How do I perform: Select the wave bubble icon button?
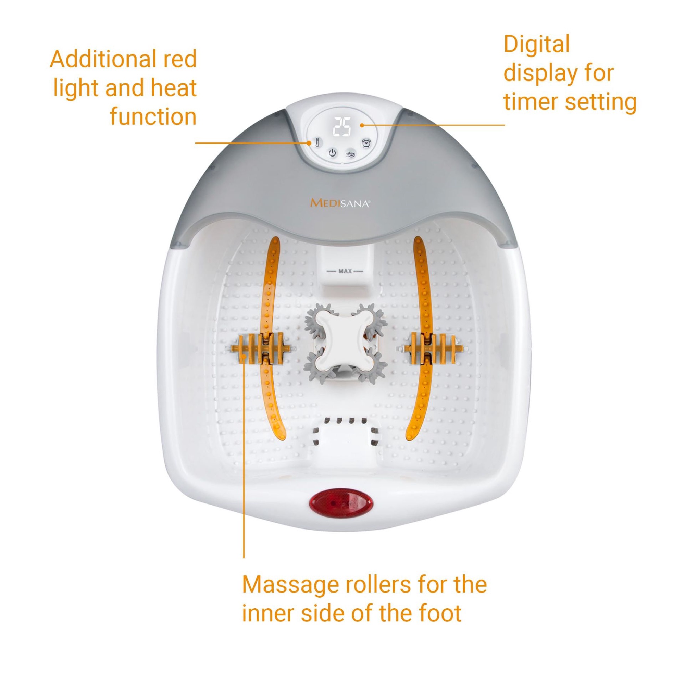point(351,153)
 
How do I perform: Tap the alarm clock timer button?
point(366,143)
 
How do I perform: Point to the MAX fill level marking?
point(345,271)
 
